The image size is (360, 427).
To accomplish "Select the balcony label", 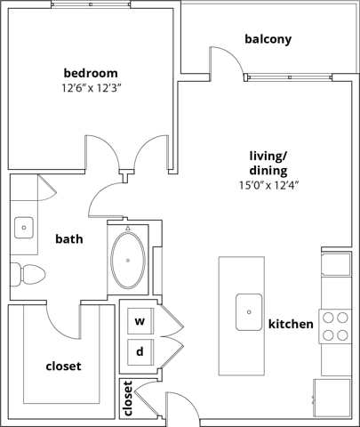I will (268, 39).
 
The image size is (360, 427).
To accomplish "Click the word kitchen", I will (291, 325).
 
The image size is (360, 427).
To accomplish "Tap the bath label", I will (69, 238).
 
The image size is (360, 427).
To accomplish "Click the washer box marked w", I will (140, 321).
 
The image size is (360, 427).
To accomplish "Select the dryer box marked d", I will (140, 351).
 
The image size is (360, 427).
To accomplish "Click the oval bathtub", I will (130, 259).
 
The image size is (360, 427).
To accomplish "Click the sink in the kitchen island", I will (248, 310).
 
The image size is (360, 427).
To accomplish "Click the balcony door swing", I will (224, 62).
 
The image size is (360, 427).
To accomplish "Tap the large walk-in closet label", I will (63, 366).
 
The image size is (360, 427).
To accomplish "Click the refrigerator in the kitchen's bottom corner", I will (332, 395).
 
